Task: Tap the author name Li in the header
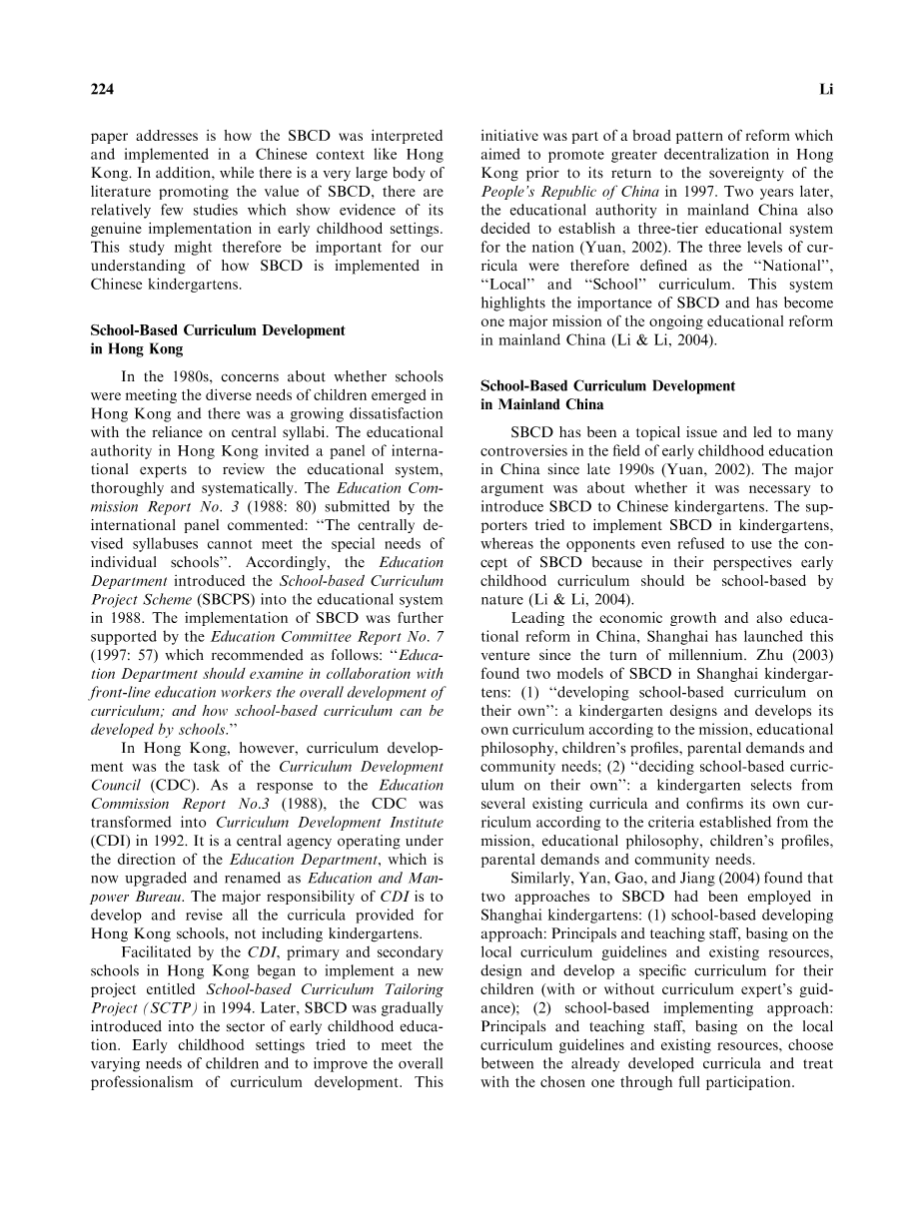pyautogui.click(x=825, y=90)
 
